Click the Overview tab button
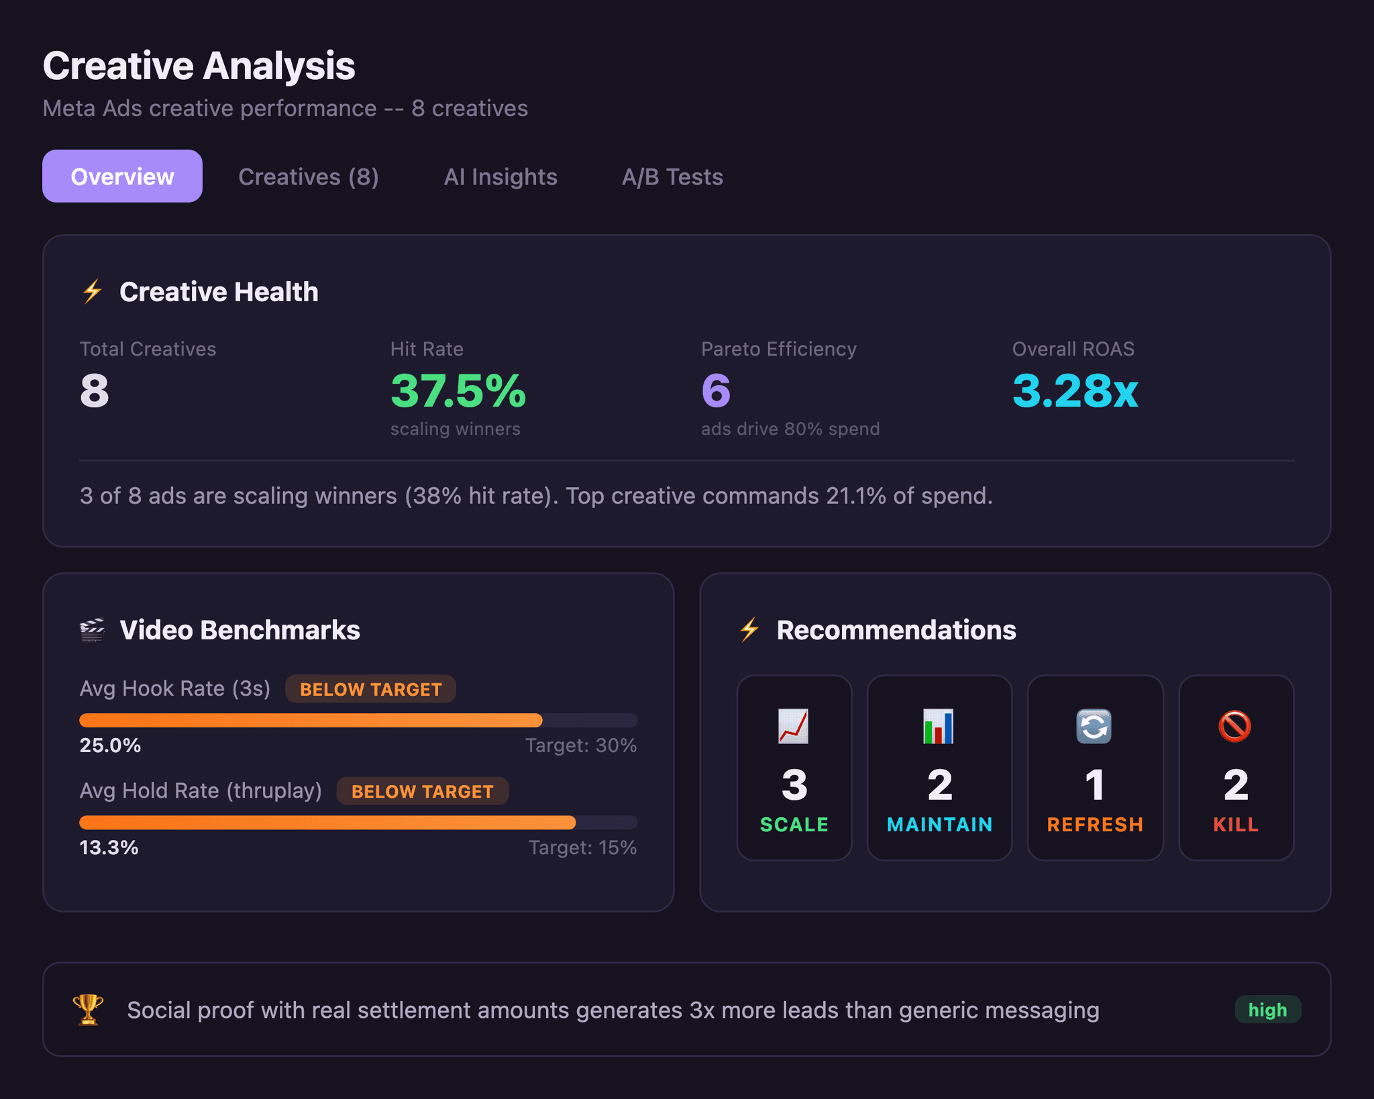coord(122,176)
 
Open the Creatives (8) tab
coord(309,176)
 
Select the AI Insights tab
coord(500,176)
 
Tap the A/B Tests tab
coord(672,176)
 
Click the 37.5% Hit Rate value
coord(458,391)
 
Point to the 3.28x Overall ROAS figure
coord(1075,391)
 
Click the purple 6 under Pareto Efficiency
coord(716,391)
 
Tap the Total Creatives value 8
coord(95,391)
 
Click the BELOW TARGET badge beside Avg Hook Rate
coord(370,689)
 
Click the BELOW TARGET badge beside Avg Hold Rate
coord(422,791)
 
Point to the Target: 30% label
coord(580,745)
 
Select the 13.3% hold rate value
coord(109,847)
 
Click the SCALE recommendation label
coord(794,825)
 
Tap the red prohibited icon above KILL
coord(1234,726)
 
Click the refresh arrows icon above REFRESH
coord(1094,726)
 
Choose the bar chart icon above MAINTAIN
coord(938,726)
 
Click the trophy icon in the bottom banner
coord(88,1009)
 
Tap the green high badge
coord(1267,1009)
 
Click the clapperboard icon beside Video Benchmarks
coord(93,630)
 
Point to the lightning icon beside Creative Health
coord(93,292)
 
